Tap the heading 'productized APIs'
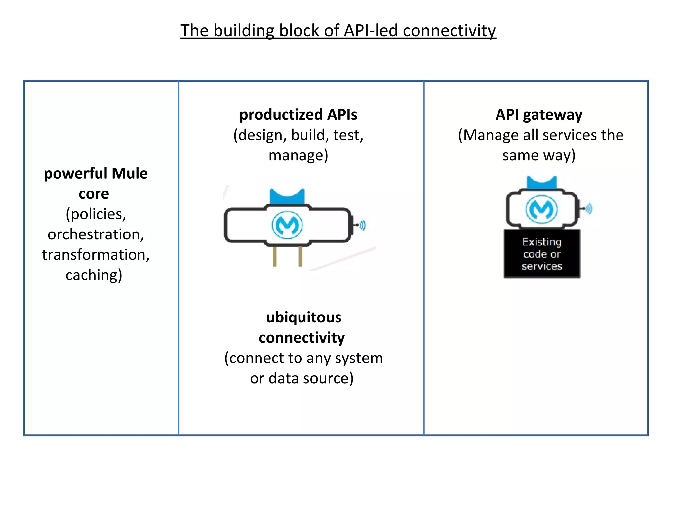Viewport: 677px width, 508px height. tap(298, 115)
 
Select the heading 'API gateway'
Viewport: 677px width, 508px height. tap(539, 115)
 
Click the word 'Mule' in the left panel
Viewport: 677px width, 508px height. tap(129, 173)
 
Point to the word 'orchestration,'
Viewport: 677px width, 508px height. tap(96, 234)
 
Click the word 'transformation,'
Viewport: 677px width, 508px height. tap(96, 255)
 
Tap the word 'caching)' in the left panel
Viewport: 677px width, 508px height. tap(94, 275)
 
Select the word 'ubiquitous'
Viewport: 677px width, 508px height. tap(303, 317)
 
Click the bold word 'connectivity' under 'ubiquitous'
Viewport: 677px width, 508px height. tap(301, 338)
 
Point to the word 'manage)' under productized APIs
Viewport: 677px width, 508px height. tap(298, 155)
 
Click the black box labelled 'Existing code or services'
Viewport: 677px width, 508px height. tap(542, 254)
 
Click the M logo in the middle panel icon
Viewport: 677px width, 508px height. tap(287, 225)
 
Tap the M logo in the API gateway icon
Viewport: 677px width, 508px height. tap(541, 209)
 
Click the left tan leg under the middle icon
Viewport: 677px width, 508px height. tap(275, 256)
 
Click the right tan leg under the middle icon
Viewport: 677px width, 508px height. tap(300, 256)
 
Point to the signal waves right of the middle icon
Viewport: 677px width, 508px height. tap(362, 225)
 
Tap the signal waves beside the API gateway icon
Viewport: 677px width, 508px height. tap(589, 209)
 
